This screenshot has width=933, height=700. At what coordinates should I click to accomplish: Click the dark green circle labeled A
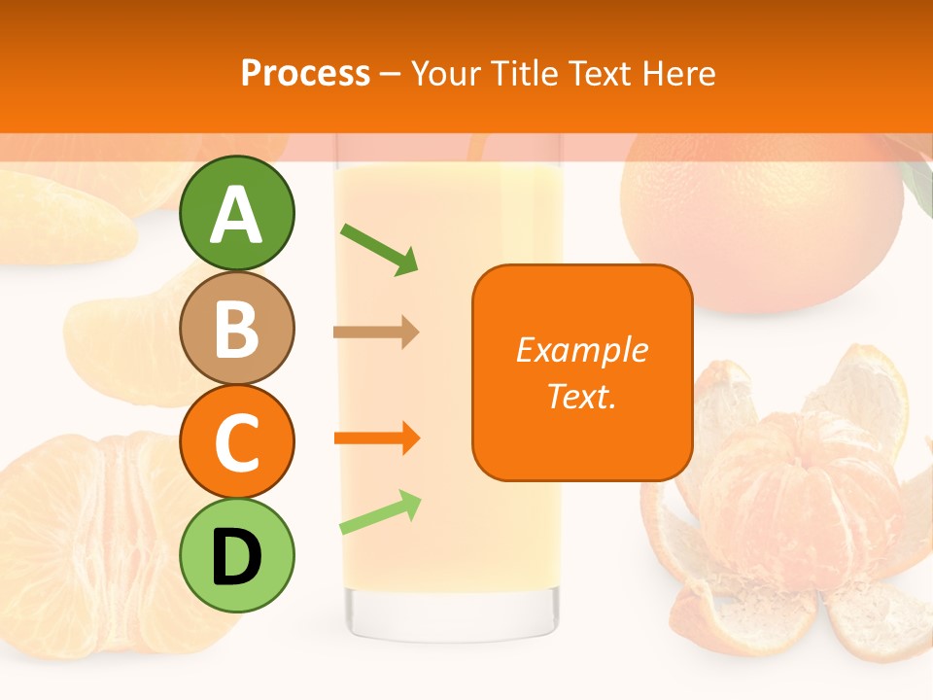point(237,213)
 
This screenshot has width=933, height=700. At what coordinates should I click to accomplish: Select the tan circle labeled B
point(237,328)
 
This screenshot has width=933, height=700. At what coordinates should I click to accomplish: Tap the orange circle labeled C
point(237,441)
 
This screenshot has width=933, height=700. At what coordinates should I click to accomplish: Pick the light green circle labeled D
point(237,556)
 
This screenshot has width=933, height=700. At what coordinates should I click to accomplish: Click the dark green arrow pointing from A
point(379,248)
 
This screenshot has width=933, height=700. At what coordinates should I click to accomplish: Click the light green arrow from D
point(380,512)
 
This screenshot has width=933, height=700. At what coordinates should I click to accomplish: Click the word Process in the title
point(305,73)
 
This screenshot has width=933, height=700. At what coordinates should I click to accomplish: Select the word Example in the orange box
point(582,350)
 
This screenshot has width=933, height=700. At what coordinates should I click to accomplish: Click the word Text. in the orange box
point(582,396)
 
